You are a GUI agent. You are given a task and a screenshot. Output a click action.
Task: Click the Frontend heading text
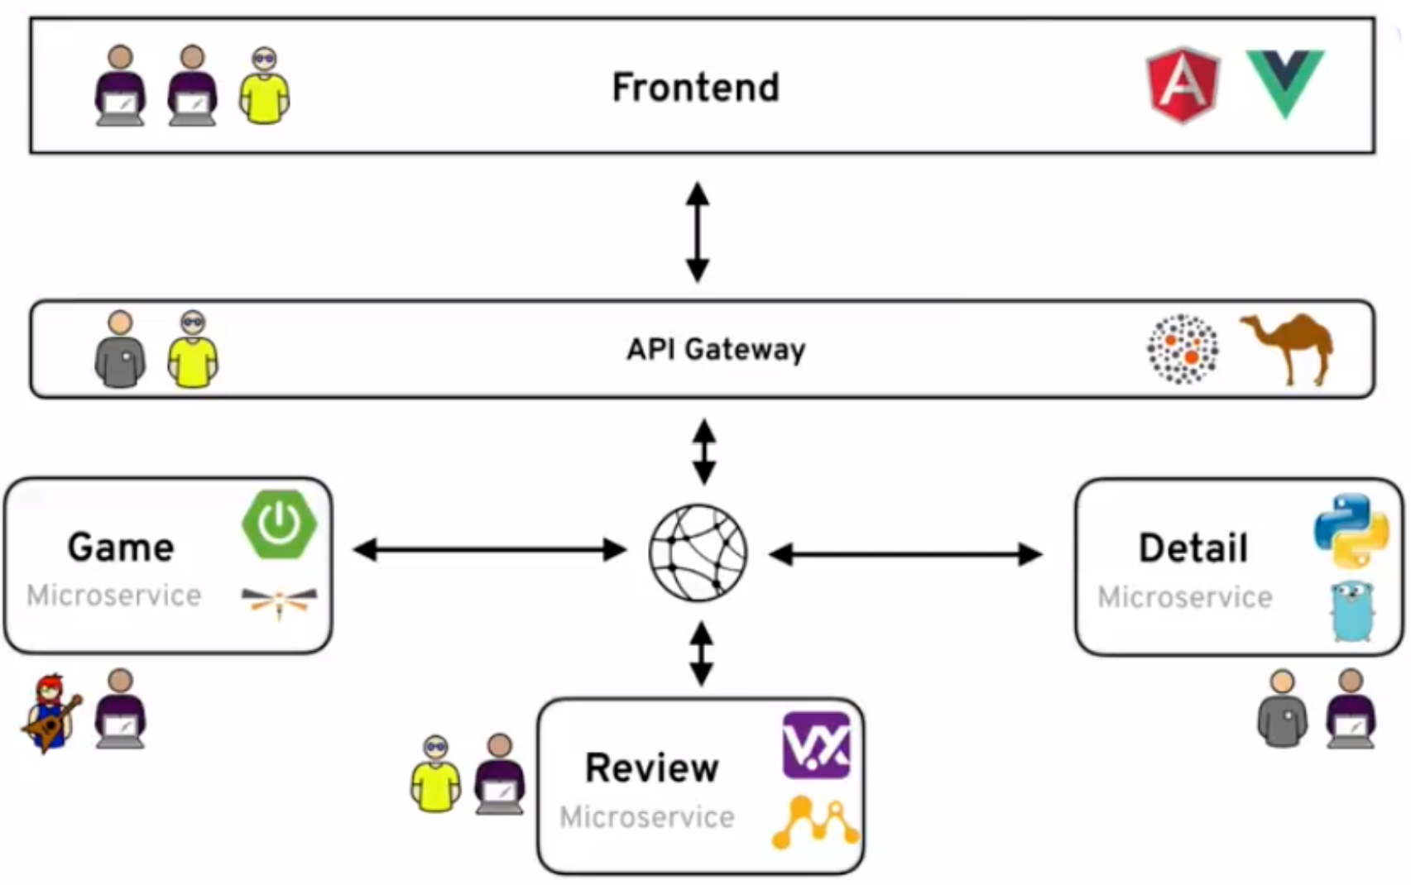(x=695, y=87)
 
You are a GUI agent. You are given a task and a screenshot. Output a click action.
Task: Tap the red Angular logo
(x=1183, y=84)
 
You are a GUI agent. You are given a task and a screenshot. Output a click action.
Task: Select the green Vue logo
(x=1285, y=83)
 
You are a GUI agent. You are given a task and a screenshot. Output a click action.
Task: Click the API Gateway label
(x=716, y=349)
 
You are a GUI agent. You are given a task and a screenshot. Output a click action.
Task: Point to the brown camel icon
(x=1288, y=347)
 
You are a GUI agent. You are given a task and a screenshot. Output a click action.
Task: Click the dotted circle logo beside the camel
(x=1183, y=349)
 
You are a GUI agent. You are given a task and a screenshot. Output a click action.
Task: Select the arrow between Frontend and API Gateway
(x=698, y=232)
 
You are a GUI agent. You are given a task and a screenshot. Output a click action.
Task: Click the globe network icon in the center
(x=698, y=552)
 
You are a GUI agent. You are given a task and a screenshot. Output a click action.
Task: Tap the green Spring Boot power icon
(x=279, y=524)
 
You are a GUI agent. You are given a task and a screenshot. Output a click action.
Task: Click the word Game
(x=121, y=547)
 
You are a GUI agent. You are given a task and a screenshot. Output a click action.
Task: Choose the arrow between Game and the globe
(x=489, y=550)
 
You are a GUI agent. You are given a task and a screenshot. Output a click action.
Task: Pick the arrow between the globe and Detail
(x=905, y=554)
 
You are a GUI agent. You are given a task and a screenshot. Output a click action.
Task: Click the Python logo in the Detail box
(x=1351, y=530)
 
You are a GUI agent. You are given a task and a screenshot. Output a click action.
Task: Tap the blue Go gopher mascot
(x=1352, y=611)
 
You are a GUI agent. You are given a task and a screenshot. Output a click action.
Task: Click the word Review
(x=651, y=768)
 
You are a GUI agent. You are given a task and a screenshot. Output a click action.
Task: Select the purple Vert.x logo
(x=816, y=745)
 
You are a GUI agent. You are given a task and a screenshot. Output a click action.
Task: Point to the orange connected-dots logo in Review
(x=815, y=822)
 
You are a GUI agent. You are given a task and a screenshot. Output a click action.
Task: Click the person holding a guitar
(x=50, y=713)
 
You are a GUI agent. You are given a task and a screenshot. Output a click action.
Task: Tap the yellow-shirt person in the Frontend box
(x=264, y=87)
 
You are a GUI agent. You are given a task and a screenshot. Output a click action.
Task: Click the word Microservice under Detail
(x=1184, y=597)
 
